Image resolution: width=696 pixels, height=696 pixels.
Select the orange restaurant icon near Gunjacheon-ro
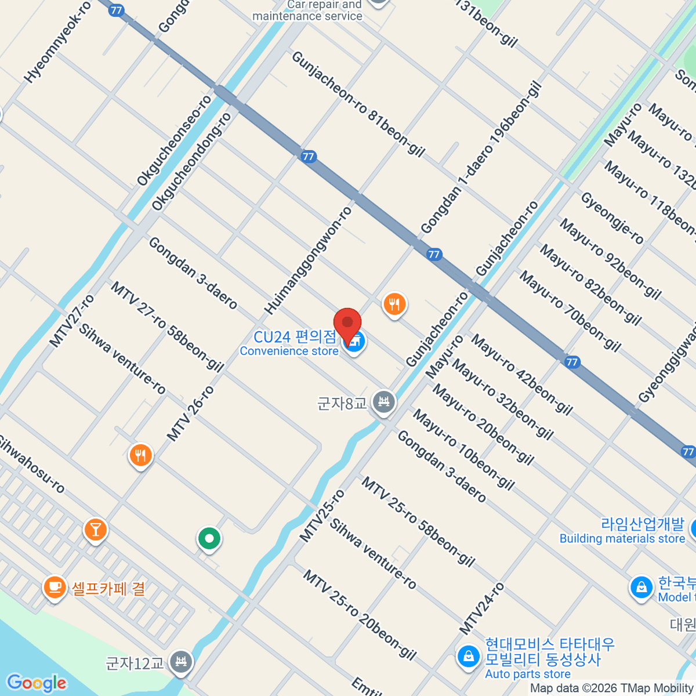coord(394,304)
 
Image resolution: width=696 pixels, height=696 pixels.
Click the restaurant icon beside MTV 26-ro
coord(140,456)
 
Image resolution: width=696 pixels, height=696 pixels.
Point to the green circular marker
coord(209,539)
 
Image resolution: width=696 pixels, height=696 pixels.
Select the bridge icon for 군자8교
coord(383,401)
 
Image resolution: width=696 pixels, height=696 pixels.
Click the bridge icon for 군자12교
coord(182,662)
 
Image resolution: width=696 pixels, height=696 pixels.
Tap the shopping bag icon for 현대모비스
coord(467,657)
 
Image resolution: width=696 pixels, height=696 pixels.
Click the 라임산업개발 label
coord(642,524)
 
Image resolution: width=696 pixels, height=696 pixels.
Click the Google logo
coord(37,683)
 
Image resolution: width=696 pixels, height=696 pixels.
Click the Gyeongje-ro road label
coord(612,218)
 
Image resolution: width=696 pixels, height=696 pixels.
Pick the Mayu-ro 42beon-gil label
coord(521,375)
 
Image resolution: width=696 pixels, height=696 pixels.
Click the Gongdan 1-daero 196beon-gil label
coord(481,158)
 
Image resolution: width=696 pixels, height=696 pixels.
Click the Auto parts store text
coord(527,674)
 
